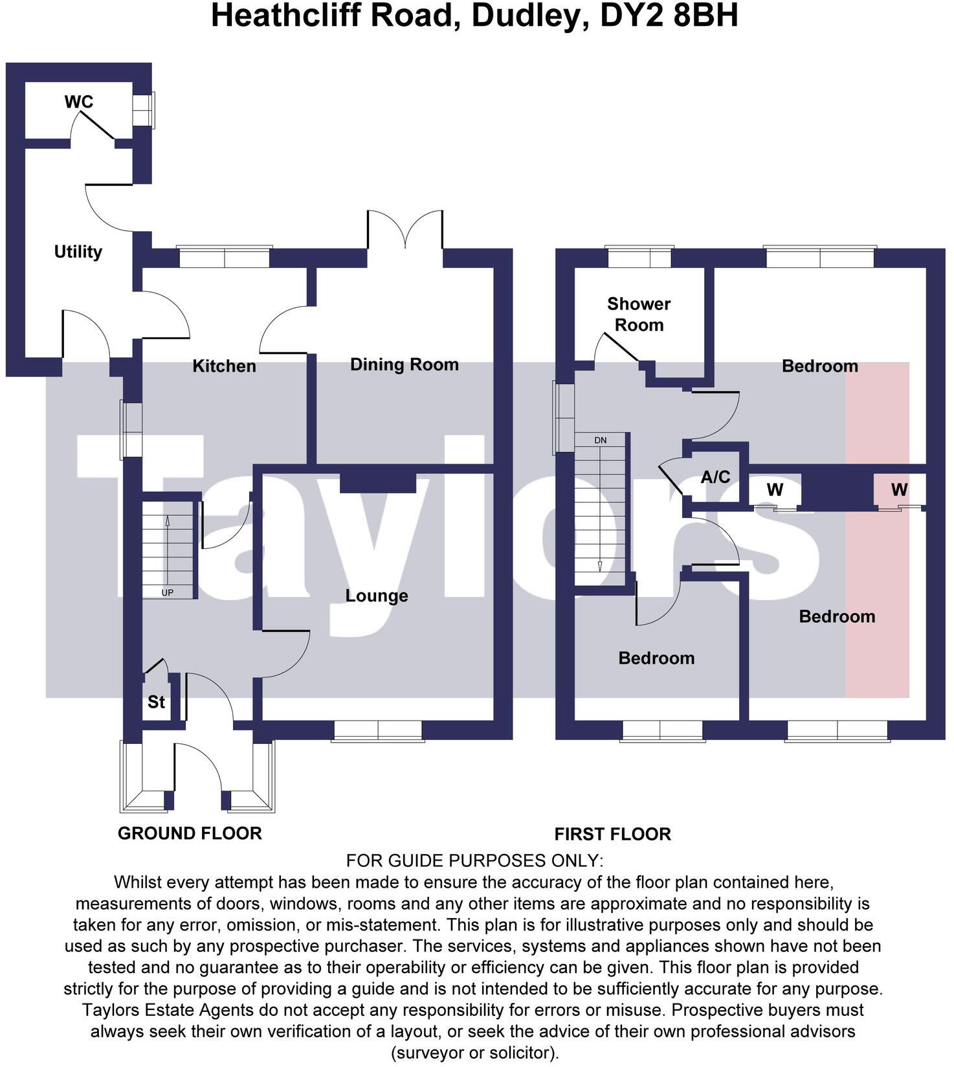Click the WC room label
click(79, 102)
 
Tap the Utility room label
click(78, 252)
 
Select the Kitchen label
click(224, 366)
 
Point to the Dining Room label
click(404, 365)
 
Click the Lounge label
click(376, 596)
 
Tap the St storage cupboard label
click(156, 702)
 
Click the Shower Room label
click(638, 314)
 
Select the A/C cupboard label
click(715, 477)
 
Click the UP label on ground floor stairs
click(167, 592)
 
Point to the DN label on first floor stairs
click(600, 440)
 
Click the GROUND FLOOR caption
click(190, 833)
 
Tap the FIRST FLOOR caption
click(612, 834)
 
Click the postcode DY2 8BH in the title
click(669, 16)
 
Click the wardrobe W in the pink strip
click(899, 490)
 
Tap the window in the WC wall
click(143, 109)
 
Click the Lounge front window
click(378, 731)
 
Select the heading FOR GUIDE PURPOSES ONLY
click(474, 860)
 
